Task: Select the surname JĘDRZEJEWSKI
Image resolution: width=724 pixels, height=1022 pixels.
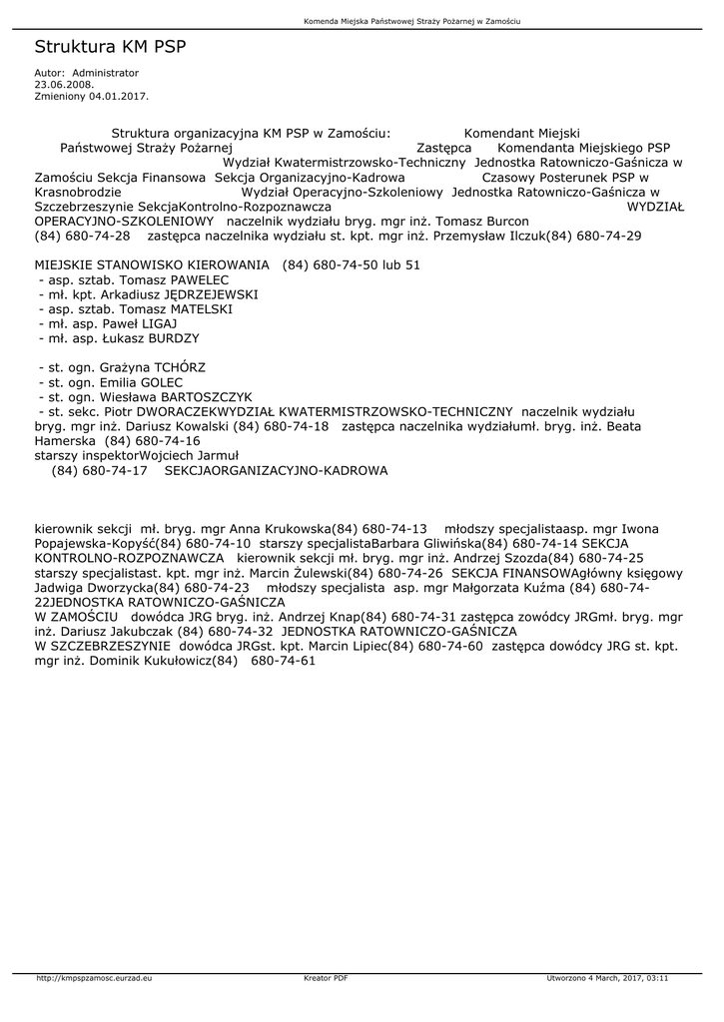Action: pos(213,295)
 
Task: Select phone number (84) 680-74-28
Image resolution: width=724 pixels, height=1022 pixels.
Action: pos(82,237)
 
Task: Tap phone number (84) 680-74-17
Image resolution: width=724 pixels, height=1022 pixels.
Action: pos(99,469)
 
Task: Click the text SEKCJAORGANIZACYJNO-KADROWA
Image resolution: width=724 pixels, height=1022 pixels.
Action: pos(276,469)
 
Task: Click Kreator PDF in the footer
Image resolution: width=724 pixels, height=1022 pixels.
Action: pos(326,978)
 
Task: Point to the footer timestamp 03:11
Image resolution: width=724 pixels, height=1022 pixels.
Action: pos(657,978)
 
